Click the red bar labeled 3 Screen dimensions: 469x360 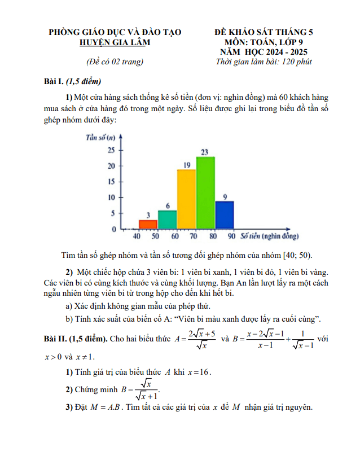148,224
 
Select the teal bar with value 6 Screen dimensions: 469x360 167,220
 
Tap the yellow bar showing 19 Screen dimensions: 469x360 186,199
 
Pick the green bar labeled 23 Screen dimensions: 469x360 205,192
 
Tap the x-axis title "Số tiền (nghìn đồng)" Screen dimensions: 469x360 270,235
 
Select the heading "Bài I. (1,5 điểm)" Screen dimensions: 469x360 72,82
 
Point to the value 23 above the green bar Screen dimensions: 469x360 205,152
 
